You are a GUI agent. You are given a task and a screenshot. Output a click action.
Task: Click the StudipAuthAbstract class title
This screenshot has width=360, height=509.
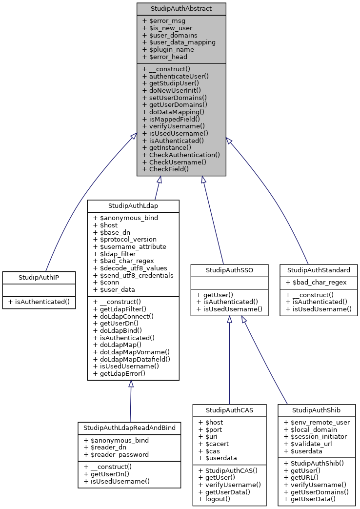click(181, 9)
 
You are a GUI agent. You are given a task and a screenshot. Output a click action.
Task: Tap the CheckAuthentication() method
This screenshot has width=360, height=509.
click(181, 155)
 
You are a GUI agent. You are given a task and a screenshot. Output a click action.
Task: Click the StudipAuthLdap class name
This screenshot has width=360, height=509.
click(133, 205)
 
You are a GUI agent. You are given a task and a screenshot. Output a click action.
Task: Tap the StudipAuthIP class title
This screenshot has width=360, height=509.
click(39, 277)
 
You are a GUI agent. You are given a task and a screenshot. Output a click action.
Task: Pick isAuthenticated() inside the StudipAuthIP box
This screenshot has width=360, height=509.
click(39, 302)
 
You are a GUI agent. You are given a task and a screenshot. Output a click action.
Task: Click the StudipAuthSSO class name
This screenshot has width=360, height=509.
click(229, 270)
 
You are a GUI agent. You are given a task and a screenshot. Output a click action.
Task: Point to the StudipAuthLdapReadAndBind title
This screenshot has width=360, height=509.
click(129, 428)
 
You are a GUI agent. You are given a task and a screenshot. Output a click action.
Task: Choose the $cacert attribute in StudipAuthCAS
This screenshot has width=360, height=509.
click(212, 444)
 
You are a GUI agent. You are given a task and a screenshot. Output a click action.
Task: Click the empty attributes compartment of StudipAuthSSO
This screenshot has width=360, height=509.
click(229, 282)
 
